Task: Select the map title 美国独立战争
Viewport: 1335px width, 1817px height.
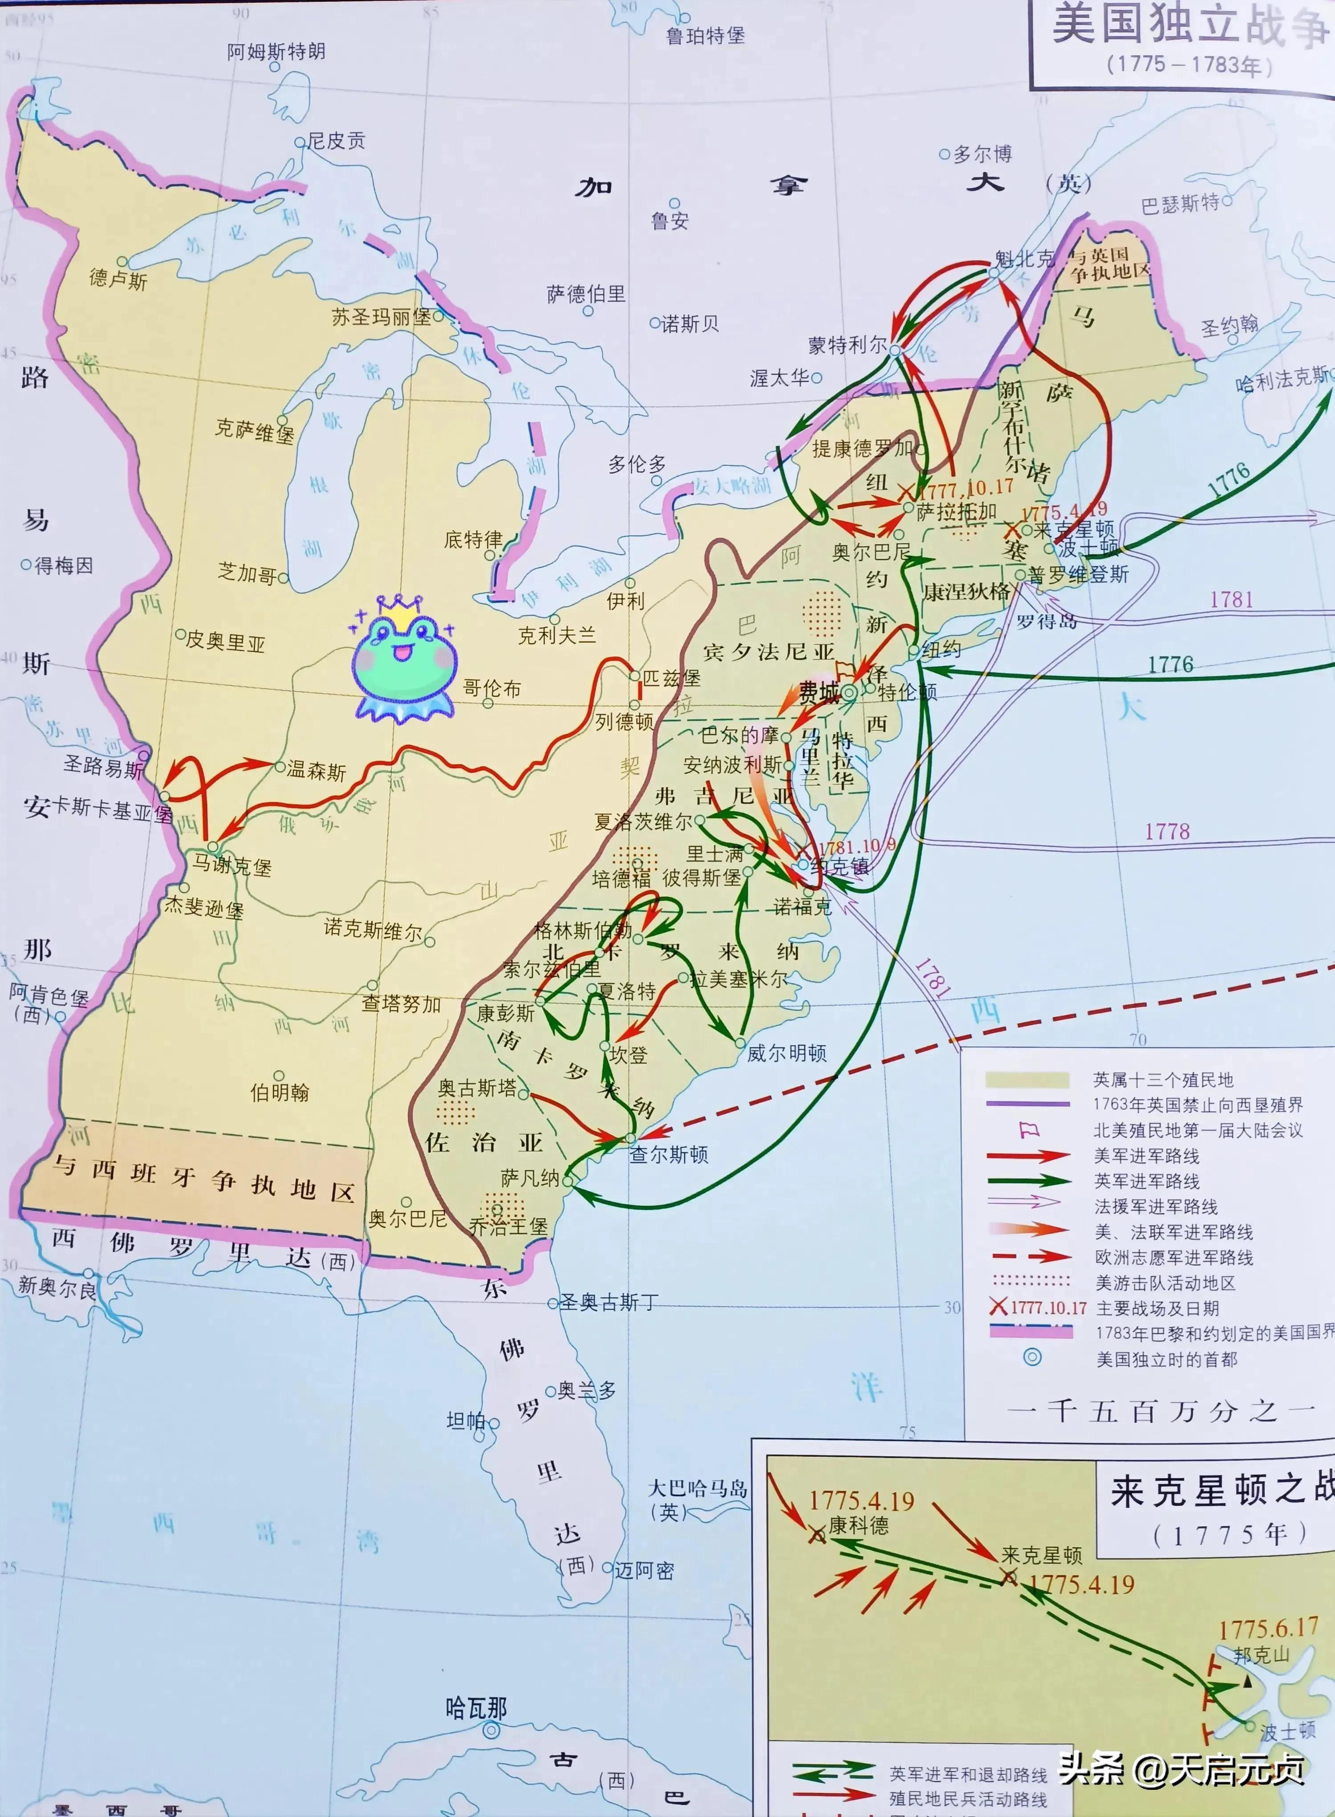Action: [1188, 26]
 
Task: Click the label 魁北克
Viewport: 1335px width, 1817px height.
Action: [1025, 259]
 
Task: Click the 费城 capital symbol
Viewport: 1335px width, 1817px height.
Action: [849, 693]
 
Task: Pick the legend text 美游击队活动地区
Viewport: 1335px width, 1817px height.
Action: [1165, 1283]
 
